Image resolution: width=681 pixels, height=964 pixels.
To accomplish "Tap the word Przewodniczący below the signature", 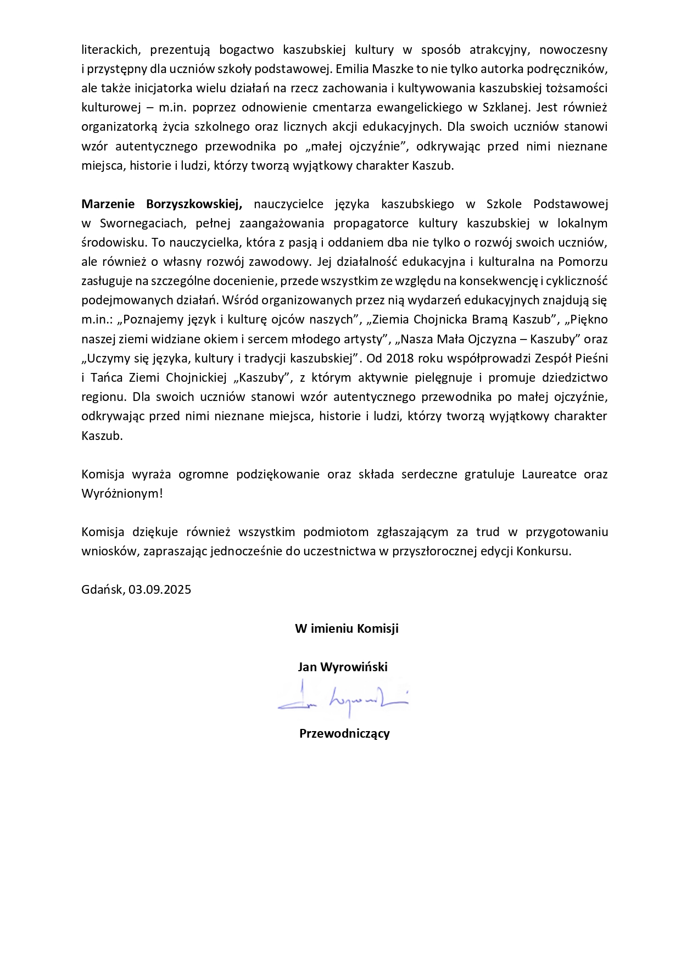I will (344, 733).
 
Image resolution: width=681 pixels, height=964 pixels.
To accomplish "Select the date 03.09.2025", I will (160, 589).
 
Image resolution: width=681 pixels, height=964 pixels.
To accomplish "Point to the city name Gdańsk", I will (103, 589).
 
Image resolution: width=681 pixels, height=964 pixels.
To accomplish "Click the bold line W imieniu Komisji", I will (347, 628).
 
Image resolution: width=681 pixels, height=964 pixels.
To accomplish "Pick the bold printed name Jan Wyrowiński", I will (343, 667).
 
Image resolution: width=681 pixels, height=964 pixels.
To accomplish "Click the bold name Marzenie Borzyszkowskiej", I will (162, 204).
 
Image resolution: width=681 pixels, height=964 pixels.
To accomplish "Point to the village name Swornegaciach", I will (142, 223).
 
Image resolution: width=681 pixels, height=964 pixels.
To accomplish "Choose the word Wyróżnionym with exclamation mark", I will (122, 493).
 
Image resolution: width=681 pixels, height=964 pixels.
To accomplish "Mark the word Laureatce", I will (549, 474).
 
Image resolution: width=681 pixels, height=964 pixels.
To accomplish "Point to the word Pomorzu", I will (583, 261).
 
